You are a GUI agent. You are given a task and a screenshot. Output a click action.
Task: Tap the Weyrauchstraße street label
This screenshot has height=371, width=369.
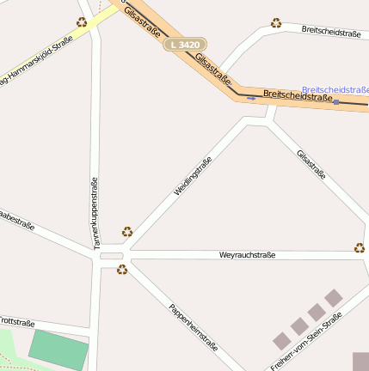tap(247, 255)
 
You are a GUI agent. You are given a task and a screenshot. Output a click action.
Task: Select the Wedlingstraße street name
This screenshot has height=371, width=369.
tap(193, 176)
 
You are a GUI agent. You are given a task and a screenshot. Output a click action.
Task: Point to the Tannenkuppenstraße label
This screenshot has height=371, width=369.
tap(95, 214)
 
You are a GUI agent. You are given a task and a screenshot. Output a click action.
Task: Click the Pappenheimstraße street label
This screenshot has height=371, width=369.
tap(194, 327)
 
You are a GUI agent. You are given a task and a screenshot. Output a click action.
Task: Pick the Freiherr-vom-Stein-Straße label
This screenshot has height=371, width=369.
tap(307, 341)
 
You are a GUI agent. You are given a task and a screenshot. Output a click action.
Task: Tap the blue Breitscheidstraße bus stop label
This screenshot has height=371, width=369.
tap(336, 88)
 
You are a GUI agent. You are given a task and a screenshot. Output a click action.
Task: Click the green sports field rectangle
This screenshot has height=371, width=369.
tap(58, 348)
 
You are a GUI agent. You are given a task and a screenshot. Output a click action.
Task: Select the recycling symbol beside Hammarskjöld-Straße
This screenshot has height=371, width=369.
tap(82, 22)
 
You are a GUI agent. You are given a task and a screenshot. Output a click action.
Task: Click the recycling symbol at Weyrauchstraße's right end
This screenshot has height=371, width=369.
tap(359, 248)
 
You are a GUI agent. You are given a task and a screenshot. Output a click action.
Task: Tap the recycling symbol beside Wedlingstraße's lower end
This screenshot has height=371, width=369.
tap(127, 231)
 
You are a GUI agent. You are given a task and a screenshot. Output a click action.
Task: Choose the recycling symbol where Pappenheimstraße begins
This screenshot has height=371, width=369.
tap(122, 270)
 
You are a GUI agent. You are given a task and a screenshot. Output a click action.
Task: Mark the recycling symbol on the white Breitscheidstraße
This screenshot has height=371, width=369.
tap(276, 23)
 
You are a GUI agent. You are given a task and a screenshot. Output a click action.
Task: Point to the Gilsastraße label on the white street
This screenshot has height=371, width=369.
tap(311, 165)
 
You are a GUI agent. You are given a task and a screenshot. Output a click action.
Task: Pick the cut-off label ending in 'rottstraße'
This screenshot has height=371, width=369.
tap(16, 321)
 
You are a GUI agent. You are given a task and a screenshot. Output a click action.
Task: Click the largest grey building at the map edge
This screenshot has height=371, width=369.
tap(360, 361)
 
